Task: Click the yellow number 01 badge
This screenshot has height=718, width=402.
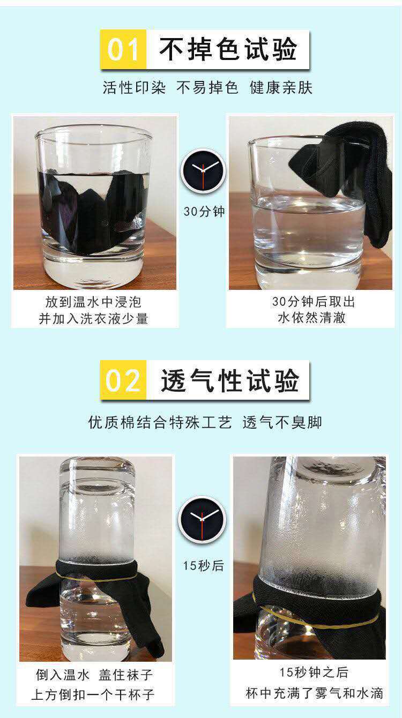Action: [x=123, y=49]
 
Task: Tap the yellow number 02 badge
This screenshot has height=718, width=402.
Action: [x=123, y=380]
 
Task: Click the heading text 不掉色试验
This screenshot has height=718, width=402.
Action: [x=228, y=49]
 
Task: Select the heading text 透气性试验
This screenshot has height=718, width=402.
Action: [x=229, y=380]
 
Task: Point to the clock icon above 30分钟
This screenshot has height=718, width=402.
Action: [x=203, y=170]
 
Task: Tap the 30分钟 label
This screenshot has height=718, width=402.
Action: [x=204, y=211]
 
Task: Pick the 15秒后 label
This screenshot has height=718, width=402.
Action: [x=203, y=565]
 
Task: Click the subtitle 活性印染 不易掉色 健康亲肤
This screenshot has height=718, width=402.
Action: [x=207, y=88]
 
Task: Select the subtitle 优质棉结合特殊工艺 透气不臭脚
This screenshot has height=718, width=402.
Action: [x=205, y=422]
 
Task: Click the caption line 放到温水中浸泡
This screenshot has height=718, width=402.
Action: [x=93, y=302]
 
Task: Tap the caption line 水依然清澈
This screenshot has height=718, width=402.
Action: [x=311, y=318]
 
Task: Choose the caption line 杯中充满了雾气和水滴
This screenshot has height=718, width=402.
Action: [x=314, y=693]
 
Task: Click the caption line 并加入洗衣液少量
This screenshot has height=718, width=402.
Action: [x=93, y=318]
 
